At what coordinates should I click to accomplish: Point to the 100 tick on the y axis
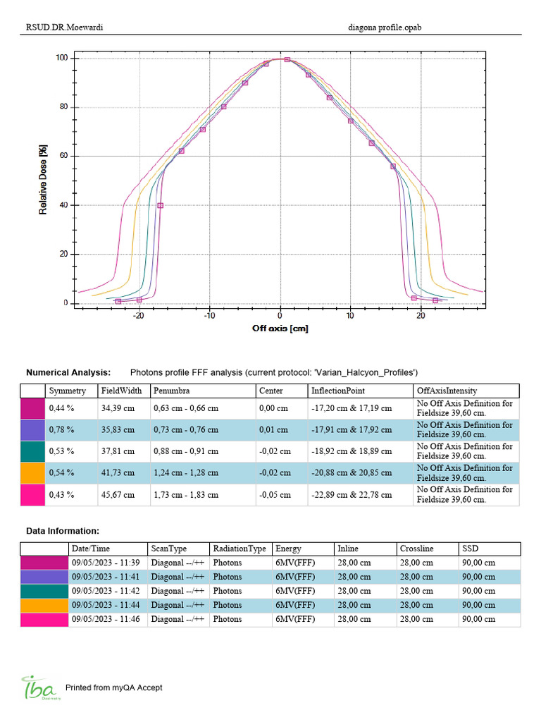(x=62, y=58)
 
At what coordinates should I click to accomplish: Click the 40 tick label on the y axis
(x=62, y=205)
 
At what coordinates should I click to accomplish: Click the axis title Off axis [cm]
(x=280, y=329)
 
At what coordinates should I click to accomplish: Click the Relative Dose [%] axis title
(x=43, y=180)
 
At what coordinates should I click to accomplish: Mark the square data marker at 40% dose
(x=160, y=205)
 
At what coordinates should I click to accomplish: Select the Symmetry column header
(x=67, y=391)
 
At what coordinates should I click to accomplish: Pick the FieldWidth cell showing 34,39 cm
(x=117, y=408)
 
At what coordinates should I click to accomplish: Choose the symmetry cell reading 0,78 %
(x=61, y=429)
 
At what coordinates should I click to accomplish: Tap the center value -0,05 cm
(x=274, y=494)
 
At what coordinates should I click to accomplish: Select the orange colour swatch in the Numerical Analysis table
(x=32, y=472)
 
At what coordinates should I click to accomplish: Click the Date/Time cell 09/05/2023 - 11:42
(x=106, y=591)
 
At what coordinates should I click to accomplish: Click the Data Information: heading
(x=63, y=530)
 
